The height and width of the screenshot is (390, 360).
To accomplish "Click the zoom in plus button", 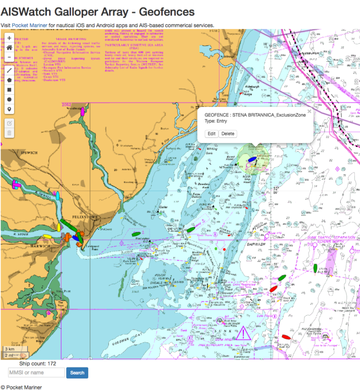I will (9, 38).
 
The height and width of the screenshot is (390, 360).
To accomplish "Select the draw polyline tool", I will (9, 70).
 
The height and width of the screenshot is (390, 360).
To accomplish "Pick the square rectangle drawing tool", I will (9, 90).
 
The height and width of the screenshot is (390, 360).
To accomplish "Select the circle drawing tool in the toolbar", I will (9, 99).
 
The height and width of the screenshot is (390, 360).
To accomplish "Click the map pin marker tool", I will (9, 109).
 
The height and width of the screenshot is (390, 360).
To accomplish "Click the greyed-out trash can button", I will (9, 133).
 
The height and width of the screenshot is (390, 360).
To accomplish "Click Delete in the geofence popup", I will (228, 134).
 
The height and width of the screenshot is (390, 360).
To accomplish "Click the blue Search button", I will (77, 373).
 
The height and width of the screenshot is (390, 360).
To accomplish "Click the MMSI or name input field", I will (37, 373).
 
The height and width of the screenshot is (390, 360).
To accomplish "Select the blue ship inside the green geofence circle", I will (252, 158).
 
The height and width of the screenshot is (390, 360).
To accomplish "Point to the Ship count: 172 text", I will (38, 363).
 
